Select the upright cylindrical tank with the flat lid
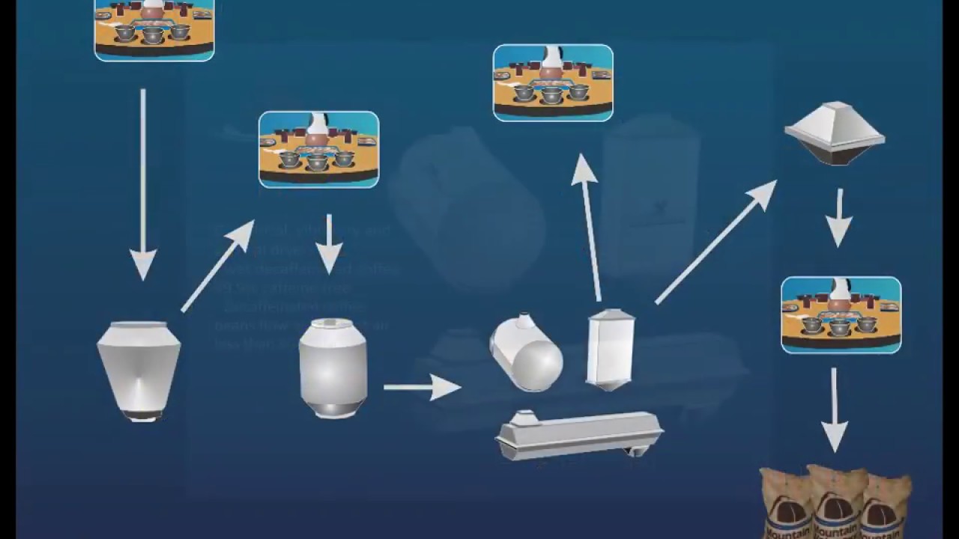pyautogui.click(x=333, y=368)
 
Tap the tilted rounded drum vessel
pyautogui.click(x=526, y=353)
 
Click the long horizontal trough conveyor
pyautogui.click(x=578, y=434)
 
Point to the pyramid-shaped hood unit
pyautogui.click(x=835, y=133)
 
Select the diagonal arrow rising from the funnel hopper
pyautogui.click(x=218, y=265)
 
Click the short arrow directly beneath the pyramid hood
pyautogui.click(x=839, y=217)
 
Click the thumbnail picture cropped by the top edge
pyautogui.click(x=154, y=30)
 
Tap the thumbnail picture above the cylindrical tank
pyautogui.click(x=318, y=149)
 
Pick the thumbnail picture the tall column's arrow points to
pyautogui.click(x=553, y=82)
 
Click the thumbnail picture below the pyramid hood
pyautogui.click(x=841, y=314)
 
